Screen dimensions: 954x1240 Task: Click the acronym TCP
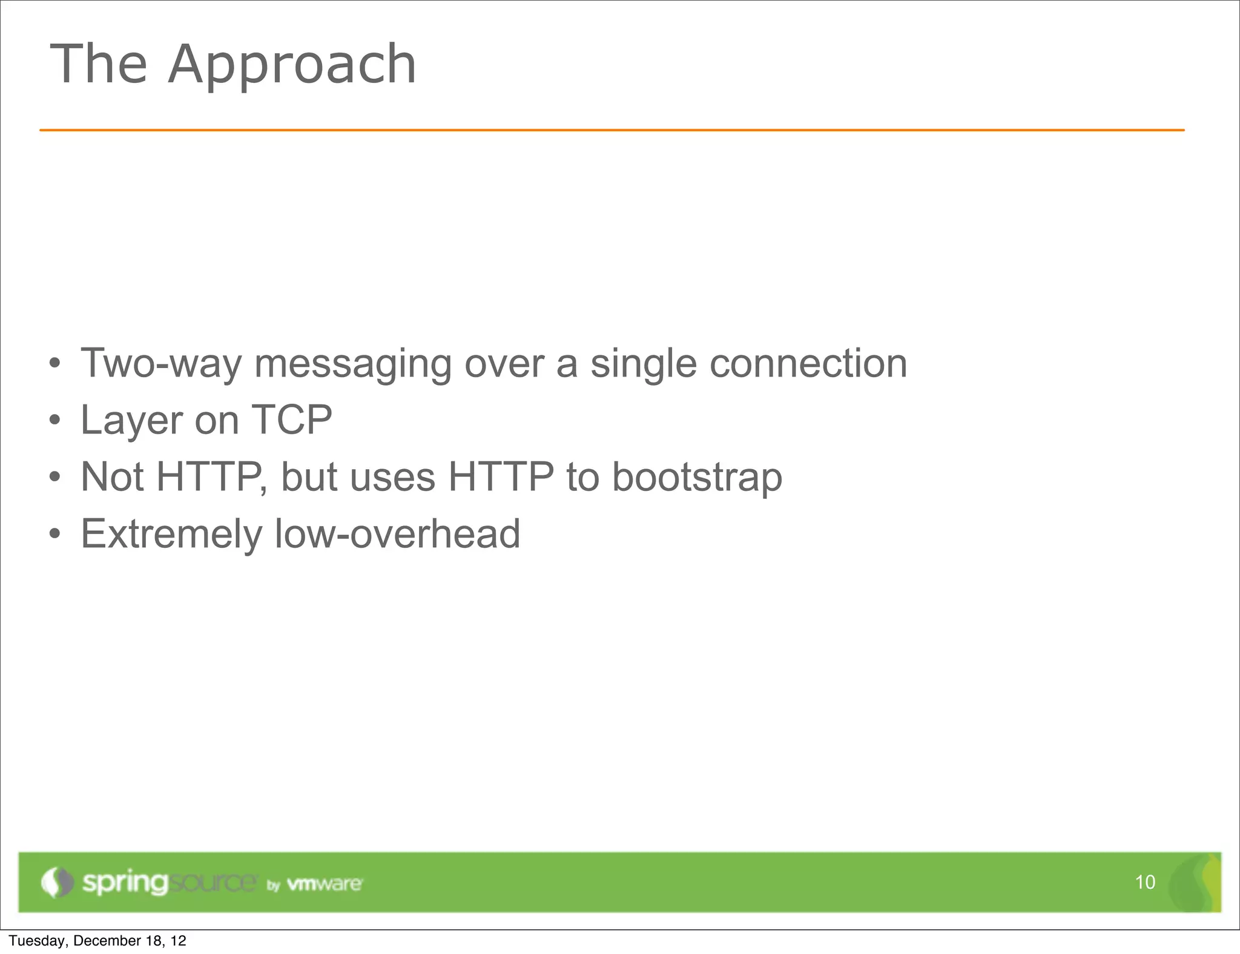click(291, 419)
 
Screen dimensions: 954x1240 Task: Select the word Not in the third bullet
click(112, 477)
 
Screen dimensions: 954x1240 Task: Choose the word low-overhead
click(397, 534)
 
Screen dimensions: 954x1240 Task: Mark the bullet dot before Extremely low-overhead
click(55, 535)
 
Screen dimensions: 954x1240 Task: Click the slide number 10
click(1145, 883)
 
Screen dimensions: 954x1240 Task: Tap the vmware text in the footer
click(325, 884)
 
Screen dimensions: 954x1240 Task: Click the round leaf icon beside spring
click(57, 883)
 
